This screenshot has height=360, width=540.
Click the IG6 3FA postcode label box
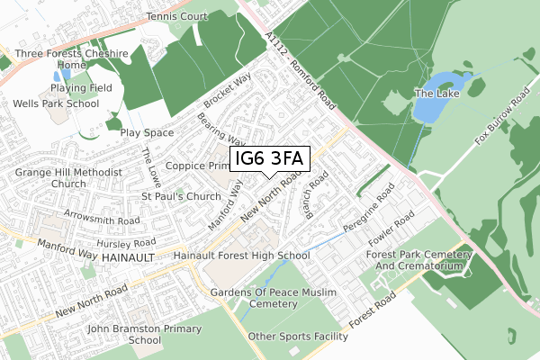pos(271,159)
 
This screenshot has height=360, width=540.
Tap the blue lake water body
pos(431,107)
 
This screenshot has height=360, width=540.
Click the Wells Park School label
pos(56,103)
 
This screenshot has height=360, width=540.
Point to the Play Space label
pos(147,133)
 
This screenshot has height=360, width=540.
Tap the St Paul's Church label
pos(181,196)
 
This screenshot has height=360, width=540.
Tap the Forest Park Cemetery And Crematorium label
pos(418,261)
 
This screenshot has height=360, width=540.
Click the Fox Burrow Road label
pos(501,117)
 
